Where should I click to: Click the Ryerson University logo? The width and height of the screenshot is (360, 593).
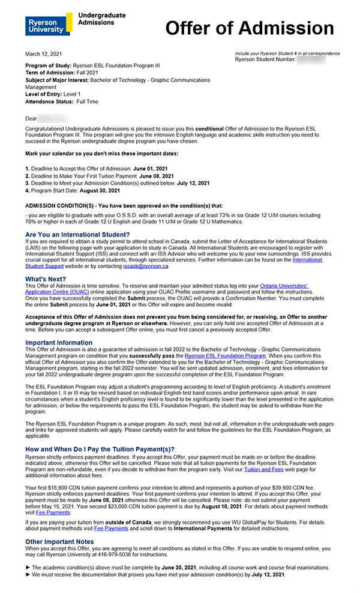pos(45,25)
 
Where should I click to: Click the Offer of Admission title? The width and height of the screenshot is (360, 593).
pos(249,28)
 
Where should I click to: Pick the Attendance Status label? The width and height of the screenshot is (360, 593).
pos(49,101)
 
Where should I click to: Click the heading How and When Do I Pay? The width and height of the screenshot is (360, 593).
pos(100,449)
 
